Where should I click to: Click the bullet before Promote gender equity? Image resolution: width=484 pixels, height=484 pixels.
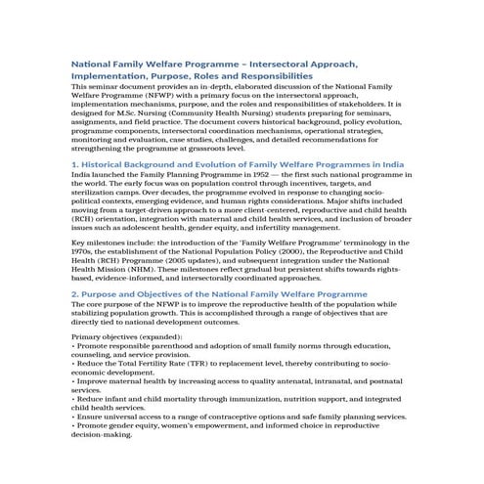click(74, 425)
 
